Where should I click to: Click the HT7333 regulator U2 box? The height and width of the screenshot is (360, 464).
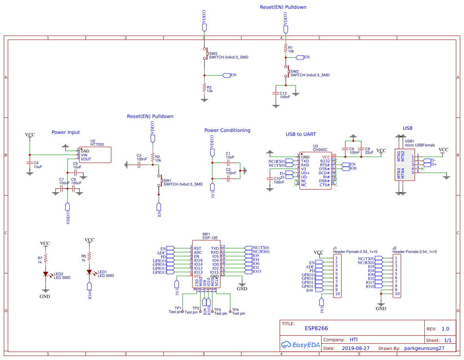[95, 155]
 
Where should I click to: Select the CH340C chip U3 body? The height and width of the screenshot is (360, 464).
[315, 171]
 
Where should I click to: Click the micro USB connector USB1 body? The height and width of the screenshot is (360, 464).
[404, 165]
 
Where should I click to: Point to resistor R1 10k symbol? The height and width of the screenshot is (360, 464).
[285, 48]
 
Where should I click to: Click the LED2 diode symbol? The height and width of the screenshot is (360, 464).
[46, 274]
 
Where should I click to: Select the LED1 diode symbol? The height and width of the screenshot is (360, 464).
[89, 272]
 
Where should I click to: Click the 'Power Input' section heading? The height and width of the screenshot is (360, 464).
[65, 132]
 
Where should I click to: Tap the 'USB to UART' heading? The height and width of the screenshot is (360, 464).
[301, 134]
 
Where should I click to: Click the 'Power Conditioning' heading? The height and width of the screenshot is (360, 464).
[227, 130]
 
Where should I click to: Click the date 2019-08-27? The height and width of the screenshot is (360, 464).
[356, 348]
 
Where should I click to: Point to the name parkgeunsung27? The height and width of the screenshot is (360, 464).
[424, 348]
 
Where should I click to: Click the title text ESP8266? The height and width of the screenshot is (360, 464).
[316, 328]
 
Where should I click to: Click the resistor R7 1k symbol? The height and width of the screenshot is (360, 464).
[46, 258]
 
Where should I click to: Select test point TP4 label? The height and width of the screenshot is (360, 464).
[235, 310]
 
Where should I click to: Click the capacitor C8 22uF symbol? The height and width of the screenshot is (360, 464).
[361, 150]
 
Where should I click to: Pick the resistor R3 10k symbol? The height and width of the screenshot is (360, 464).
[204, 87]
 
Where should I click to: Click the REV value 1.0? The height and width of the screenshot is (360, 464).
[445, 329]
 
